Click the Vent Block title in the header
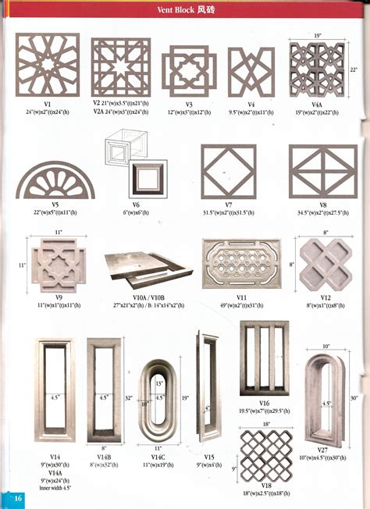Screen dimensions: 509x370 184,11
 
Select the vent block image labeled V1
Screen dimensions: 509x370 48,65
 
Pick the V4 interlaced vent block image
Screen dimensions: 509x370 251,73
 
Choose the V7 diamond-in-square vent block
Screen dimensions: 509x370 228,172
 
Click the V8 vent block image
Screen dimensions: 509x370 322,172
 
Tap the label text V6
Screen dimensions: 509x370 136,205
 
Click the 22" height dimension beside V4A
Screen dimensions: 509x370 354,69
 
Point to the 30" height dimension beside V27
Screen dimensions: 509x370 354,398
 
